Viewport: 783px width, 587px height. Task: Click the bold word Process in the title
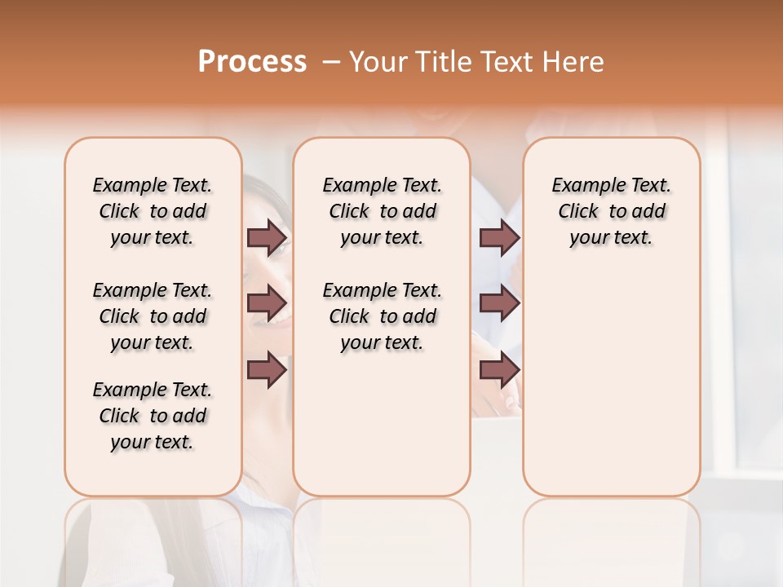click(x=252, y=62)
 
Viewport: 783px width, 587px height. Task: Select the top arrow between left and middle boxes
click(x=267, y=238)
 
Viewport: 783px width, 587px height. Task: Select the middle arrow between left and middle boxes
click(x=267, y=304)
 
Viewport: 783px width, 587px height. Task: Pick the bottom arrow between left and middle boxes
click(x=267, y=370)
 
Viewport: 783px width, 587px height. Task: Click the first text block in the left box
click(x=153, y=211)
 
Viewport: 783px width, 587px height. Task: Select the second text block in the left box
click(x=153, y=316)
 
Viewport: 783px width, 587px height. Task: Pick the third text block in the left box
click(x=153, y=416)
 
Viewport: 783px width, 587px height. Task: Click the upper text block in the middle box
click(x=382, y=211)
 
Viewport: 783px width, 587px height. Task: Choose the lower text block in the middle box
click(x=382, y=316)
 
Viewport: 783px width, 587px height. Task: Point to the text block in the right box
click(x=612, y=211)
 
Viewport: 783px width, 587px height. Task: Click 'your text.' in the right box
click(x=612, y=238)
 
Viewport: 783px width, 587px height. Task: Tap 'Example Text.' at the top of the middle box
click(x=382, y=185)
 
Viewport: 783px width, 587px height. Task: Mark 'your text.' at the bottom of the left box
click(x=153, y=442)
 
